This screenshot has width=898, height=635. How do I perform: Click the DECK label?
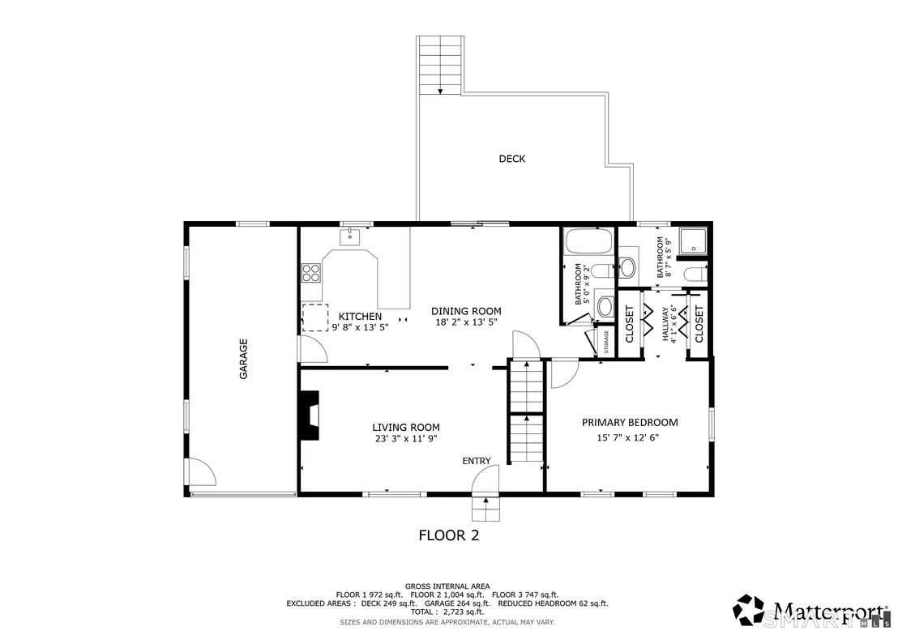[x=512, y=159]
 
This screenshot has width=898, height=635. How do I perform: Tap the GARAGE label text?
[x=243, y=359]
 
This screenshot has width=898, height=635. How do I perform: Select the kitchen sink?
[x=350, y=236]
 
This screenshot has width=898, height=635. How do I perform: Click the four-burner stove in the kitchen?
[x=311, y=272]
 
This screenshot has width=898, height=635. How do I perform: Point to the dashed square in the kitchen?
[x=315, y=317]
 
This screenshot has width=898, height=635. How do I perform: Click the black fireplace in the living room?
[x=310, y=416]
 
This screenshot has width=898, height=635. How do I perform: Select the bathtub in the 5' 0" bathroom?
[x=588, y=241]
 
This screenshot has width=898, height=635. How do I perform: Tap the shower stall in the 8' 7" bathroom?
[x=692, y=241]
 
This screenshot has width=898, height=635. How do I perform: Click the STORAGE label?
[x=606, y=342]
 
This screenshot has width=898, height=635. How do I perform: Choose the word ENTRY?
[x=477, y=461]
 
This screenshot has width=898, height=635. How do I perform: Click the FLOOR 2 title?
[x=449, y=535]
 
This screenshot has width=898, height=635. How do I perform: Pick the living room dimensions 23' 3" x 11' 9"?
[x=406, y=439]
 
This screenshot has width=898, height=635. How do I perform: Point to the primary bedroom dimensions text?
[x=627, y=438]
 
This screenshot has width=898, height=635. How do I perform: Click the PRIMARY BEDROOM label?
[x=630, y=423]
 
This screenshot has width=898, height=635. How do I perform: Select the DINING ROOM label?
[x=466, y=311]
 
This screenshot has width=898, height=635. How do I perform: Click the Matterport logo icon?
[x=749, y=610]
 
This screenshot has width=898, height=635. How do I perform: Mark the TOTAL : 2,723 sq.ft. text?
[x=447, y=612]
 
